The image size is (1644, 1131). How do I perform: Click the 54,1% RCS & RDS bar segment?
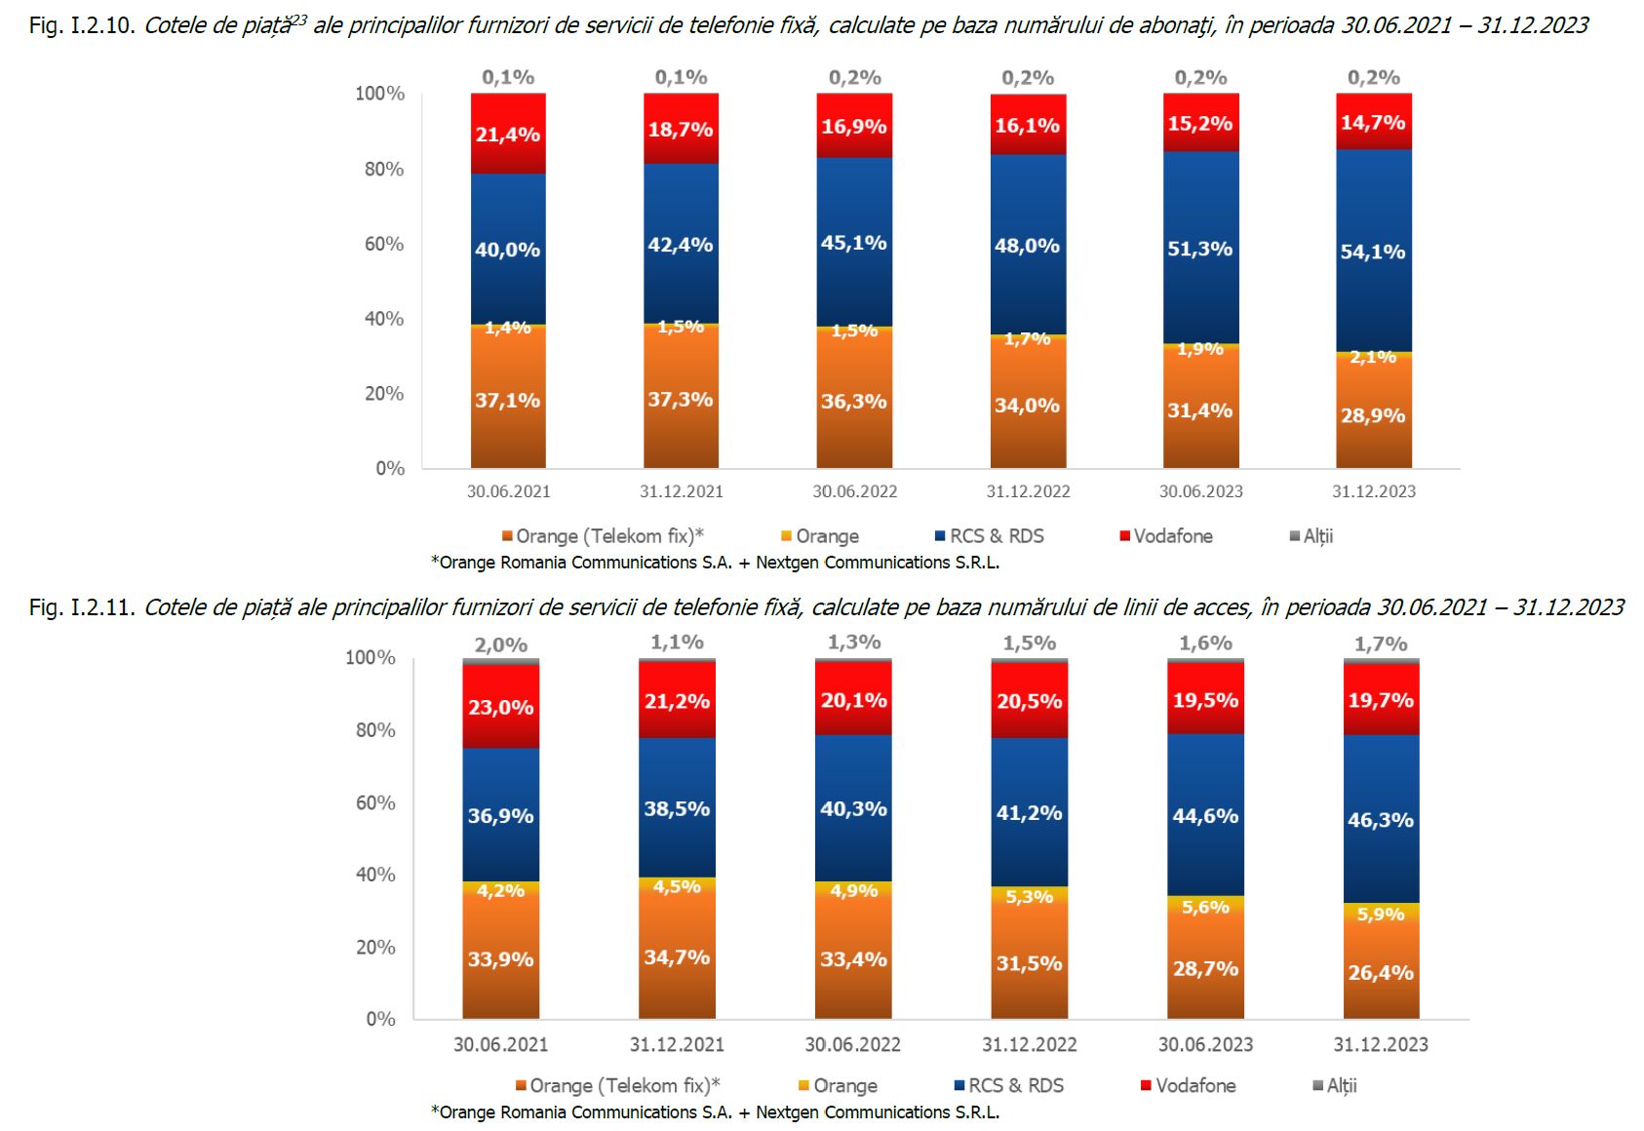tap(1373, 252)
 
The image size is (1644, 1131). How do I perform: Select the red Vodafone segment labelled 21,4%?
tap(508, 135)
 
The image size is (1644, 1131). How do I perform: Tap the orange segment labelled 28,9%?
tap(1373, 415)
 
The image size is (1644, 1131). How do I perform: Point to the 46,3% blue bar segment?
tap(1381, 820)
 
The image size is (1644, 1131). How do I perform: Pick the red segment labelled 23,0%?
tap(500, 707)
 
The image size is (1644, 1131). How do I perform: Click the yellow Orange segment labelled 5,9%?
tap(1381, 914)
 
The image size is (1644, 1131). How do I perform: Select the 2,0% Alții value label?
tap(500, 644)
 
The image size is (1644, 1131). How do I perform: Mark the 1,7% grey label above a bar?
tap(1381, 643)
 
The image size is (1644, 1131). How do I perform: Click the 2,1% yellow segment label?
tap(1373, 357)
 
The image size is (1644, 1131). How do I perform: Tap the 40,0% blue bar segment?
tap(508, 250)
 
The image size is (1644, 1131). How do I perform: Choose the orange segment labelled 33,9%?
tap(500, 959)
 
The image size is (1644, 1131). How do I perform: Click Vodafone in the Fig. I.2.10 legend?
tap(1172, 536)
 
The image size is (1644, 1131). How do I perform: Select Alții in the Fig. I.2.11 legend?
tap(1341, 1086)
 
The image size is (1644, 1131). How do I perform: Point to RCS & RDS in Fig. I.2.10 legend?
tap(996, 536)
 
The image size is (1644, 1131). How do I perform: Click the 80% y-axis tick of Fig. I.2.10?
tap(383, 169)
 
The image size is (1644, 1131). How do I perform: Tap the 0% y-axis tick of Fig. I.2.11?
tap(380, 1019)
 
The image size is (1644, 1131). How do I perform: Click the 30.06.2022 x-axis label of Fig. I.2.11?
tap(852, 1044)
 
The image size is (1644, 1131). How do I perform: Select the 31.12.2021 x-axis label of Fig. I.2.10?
tap(681, 491)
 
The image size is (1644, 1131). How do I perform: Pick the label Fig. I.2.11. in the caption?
tap(82, 608)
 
